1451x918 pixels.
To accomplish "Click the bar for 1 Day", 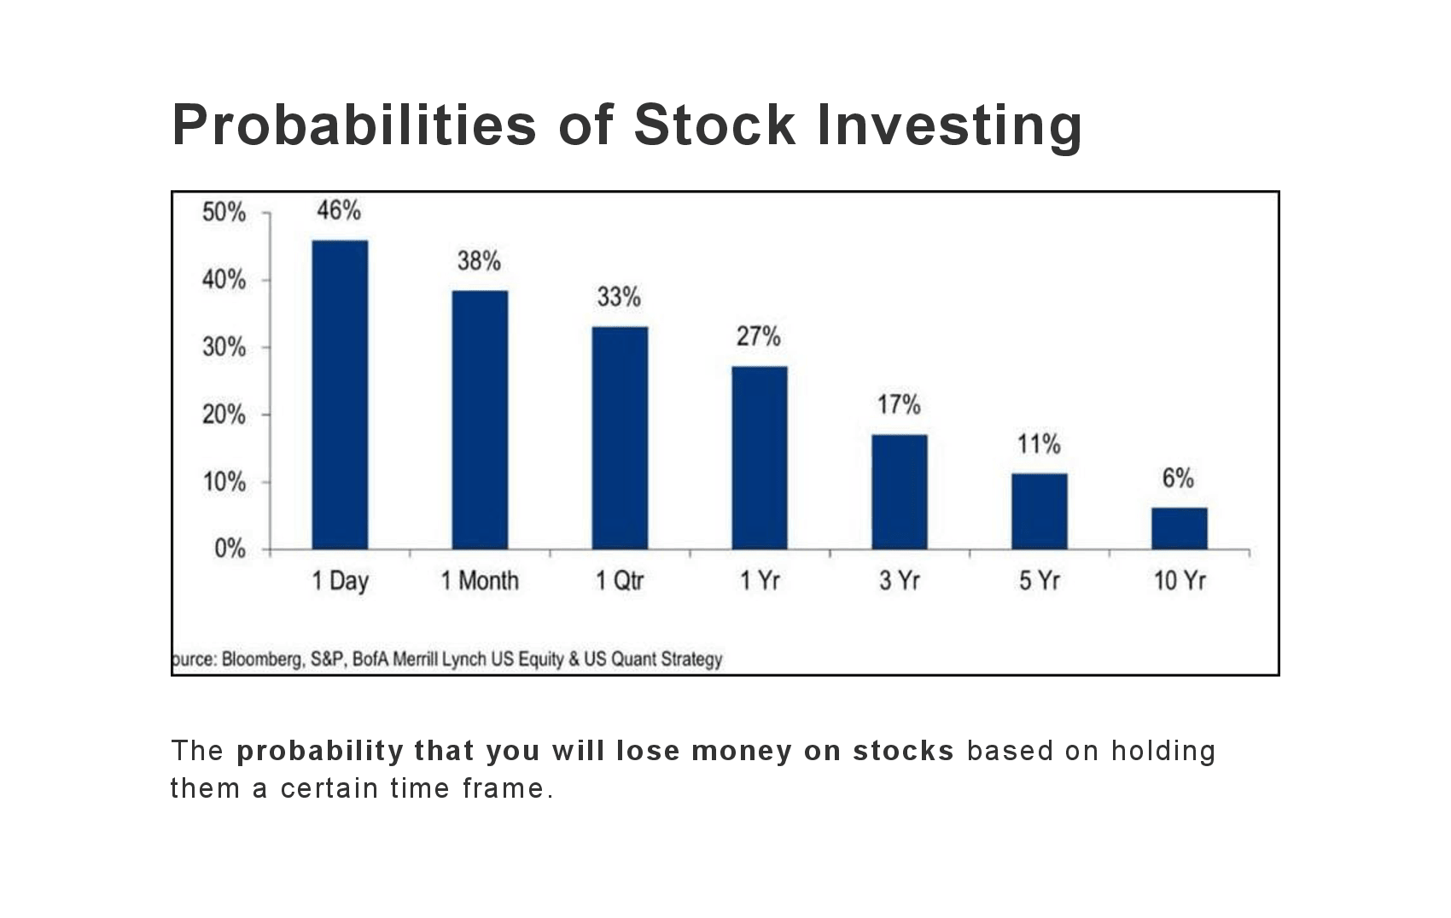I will tap(340, 394).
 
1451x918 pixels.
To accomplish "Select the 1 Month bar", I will tap(480, 420).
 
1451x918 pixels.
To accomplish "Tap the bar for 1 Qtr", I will tap(620, 438).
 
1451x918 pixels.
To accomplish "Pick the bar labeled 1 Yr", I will tap(760, 457).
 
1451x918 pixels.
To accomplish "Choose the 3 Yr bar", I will tap(900, 491).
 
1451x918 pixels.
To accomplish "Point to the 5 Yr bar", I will tap(1040, 511).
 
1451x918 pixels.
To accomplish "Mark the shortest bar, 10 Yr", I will tap(1180, 528).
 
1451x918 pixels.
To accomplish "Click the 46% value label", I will tap(339, 210).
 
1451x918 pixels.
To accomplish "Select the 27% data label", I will tap(759, 337).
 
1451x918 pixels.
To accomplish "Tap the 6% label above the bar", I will tap(1178, 479).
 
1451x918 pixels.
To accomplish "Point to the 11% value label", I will tap(1039, 444).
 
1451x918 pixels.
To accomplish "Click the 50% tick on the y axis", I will tap(224, 212).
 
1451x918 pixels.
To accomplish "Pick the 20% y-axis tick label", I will tap(224, 415).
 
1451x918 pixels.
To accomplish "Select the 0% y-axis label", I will tap(230, 549).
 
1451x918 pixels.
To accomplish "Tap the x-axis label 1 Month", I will tap(480, 581).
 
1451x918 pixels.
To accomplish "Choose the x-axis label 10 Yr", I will tap(1180, 581).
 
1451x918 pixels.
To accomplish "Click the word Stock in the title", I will tap(714, 125).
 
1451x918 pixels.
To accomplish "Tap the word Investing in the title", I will tap(949, 125).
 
